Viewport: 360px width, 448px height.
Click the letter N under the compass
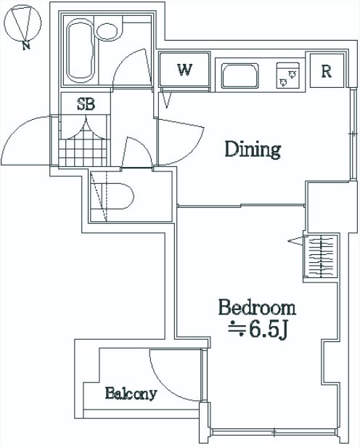[x=26, y=46]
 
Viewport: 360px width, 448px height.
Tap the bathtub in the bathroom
[x=81, y=51]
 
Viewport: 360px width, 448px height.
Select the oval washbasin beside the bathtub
[x=107, y=30]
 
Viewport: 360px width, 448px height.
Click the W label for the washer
[x=184, y=70]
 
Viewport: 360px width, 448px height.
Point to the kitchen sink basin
[x=240, y=76]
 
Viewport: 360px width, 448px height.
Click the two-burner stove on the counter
[x=287, y=76]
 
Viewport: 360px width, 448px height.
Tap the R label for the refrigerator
[x=327, y=71]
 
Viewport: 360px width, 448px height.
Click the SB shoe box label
[x=86, y=104]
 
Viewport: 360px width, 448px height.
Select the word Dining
[x=253, y=149]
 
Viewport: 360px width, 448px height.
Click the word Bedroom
[x=257, y=307]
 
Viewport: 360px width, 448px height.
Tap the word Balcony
[x=131, y=394]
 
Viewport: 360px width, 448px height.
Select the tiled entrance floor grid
[x=83, y=152]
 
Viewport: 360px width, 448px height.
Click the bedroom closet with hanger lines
[x=322, y=256]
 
